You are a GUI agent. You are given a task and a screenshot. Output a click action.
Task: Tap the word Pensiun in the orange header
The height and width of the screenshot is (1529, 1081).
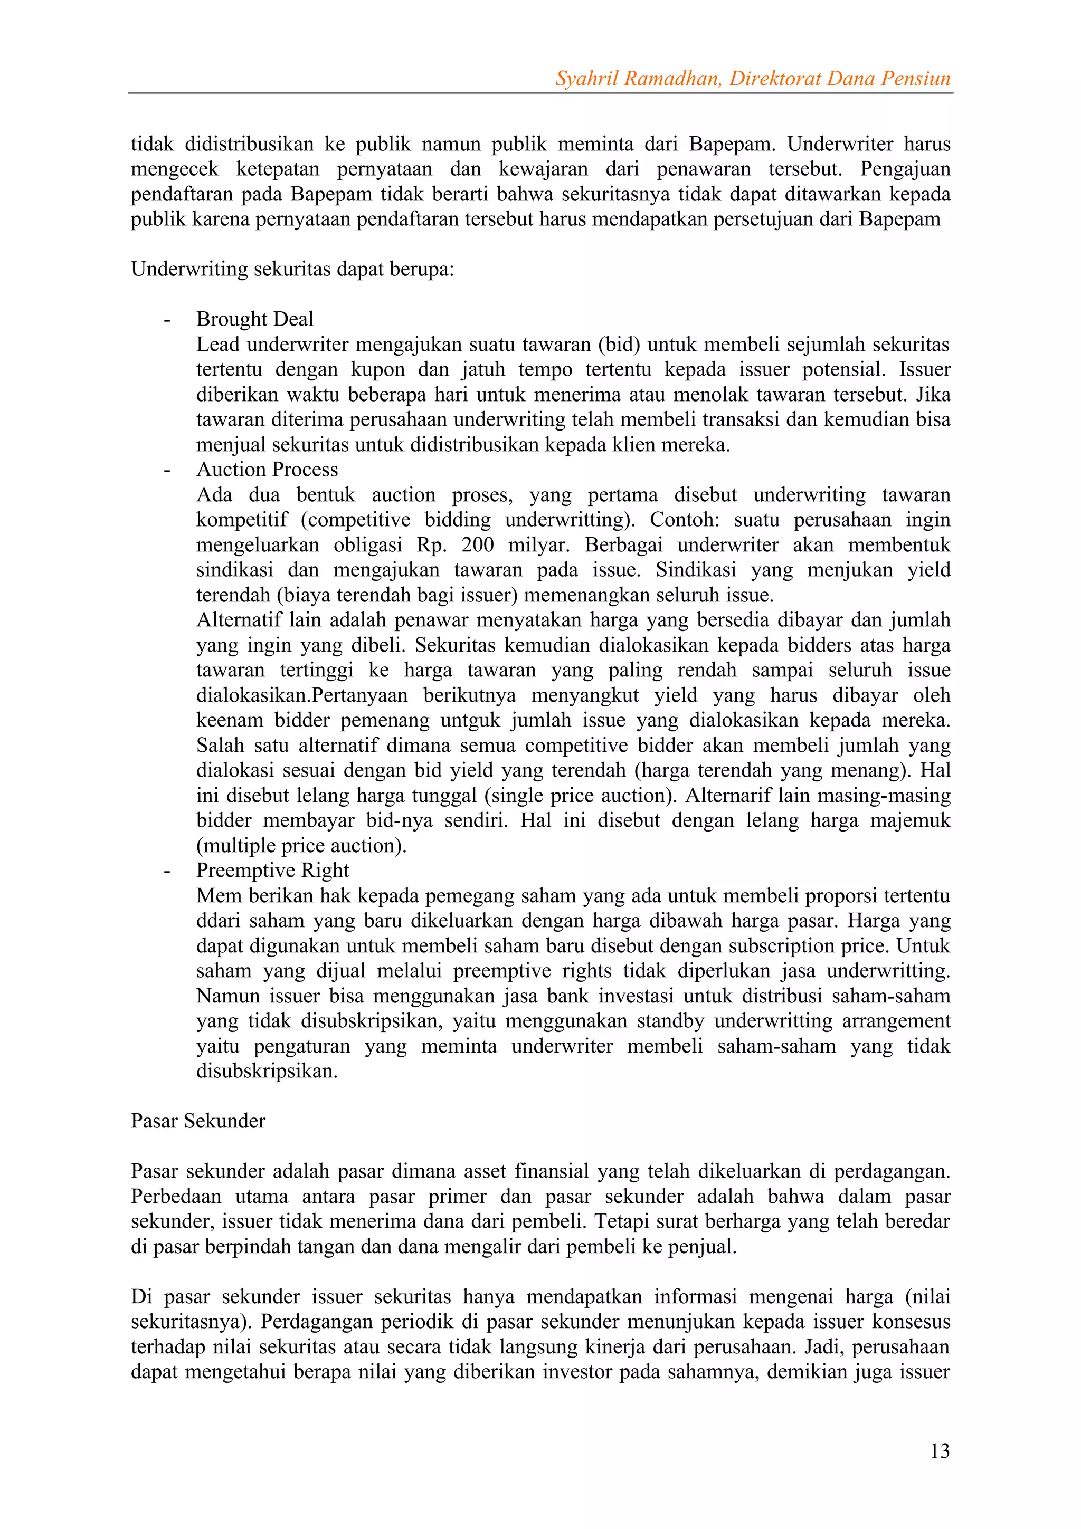point(915,79)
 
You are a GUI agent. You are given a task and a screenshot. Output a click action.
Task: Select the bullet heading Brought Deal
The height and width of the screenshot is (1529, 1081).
point(254,319)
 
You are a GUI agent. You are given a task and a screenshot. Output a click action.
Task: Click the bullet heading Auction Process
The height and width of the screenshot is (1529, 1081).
point(267,470)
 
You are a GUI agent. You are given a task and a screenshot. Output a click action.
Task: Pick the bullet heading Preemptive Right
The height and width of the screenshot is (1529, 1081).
point(272,871)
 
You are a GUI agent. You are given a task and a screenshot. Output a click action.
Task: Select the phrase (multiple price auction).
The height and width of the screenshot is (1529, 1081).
point(301,846)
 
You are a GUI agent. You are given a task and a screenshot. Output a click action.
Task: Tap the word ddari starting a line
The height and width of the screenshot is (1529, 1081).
point(216,921)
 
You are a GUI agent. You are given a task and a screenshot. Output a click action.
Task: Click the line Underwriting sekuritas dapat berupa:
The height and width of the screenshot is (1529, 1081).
point(292,269)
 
